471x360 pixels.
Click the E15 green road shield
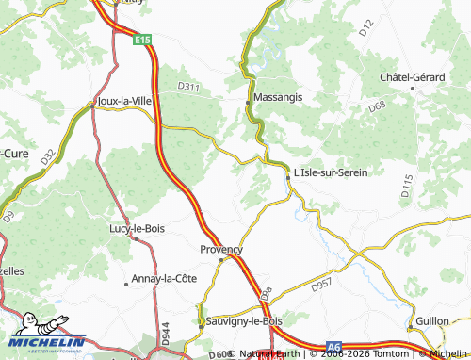pos(142,41)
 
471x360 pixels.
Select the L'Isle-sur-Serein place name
pos(331,172)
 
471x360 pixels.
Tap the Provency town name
pos(221,249)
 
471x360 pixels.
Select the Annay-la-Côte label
pos(165,279)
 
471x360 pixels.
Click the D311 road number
pos(189,87)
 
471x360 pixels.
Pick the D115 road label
pos(406,185)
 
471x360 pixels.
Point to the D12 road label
pos(367,32)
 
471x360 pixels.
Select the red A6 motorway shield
pos(334,347)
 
